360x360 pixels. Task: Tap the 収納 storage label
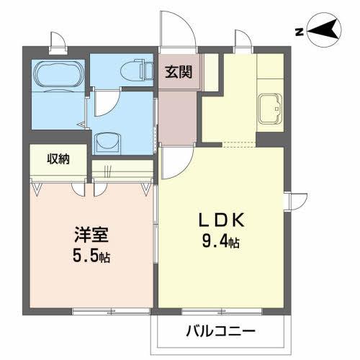click(x=58, y=159)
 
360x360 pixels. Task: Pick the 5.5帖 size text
click(x=91, y=256)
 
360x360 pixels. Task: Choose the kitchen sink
click(x=269, y=109)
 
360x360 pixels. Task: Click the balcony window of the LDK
click(x=216, y=311)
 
